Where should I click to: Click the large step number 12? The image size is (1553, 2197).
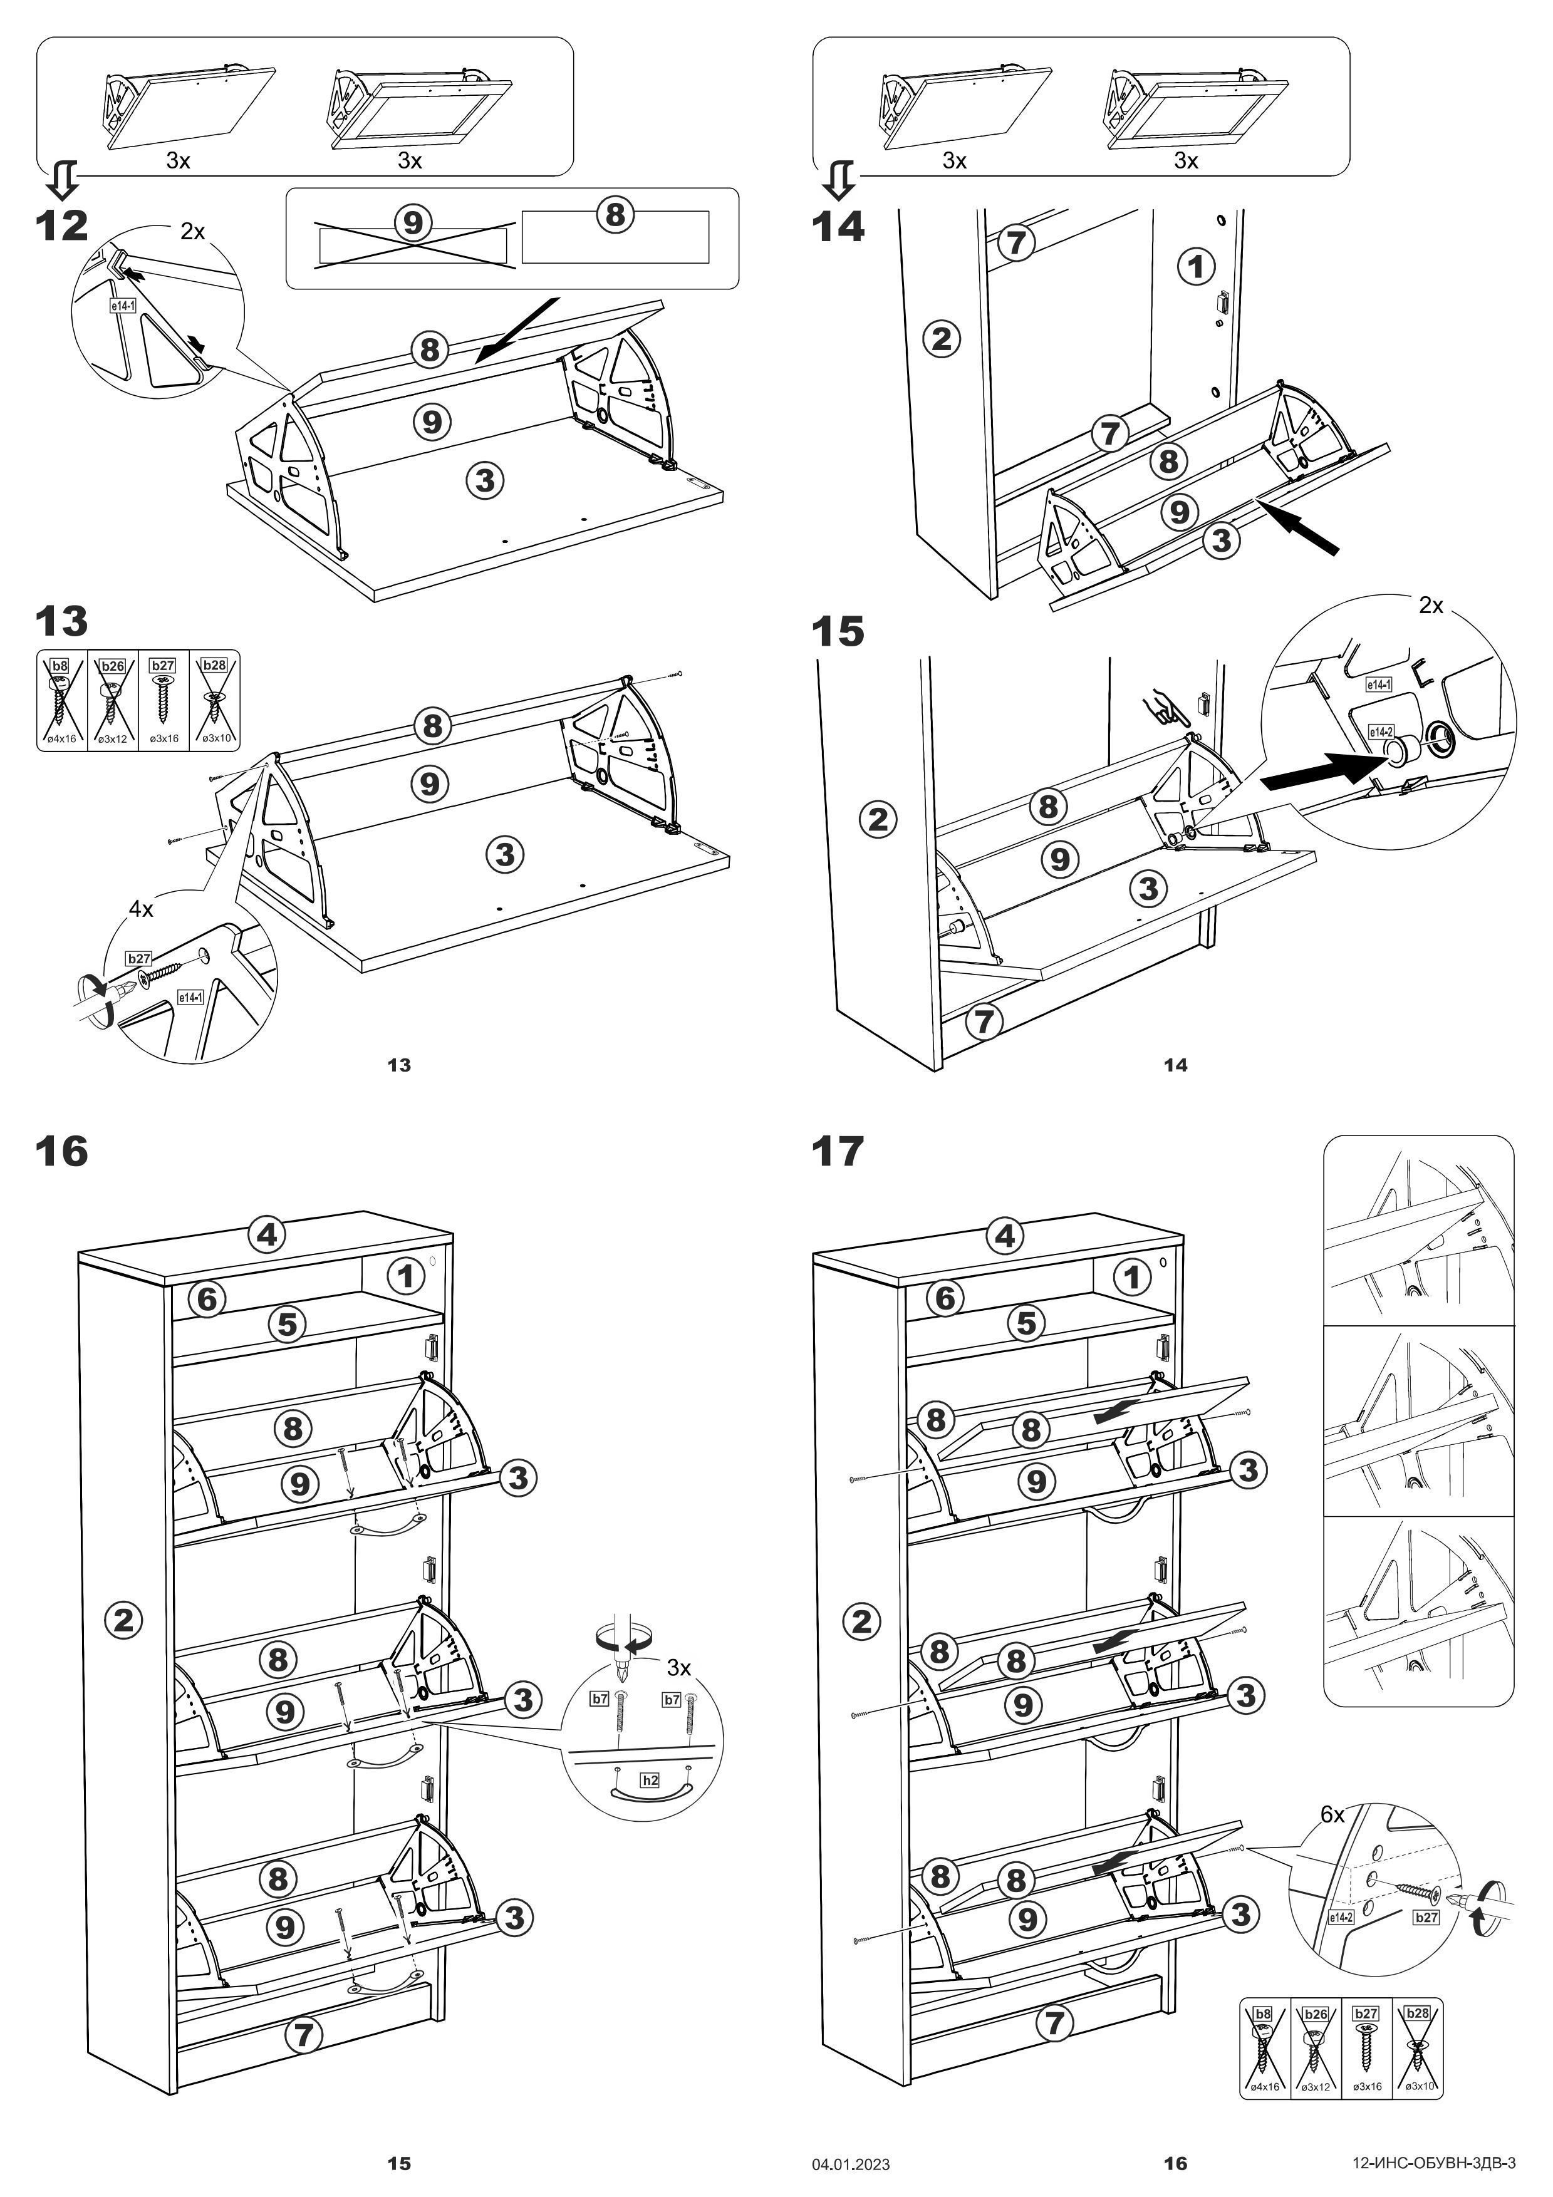coord(61,227)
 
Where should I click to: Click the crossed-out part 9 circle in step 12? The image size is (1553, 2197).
coord(412,223)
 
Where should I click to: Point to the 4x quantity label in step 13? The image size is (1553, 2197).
coord(141,909)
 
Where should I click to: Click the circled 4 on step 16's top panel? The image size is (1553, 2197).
coord(266,1234)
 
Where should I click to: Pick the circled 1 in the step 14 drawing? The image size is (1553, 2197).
coord(1195,266)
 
